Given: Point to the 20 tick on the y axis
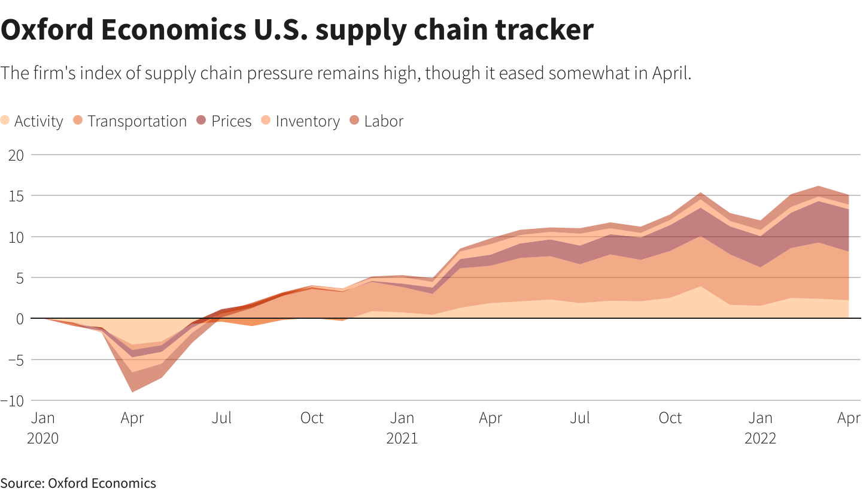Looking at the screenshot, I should (16, 155).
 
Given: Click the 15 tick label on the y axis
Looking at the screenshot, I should (16, 196).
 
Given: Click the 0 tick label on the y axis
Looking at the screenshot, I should (20, 319).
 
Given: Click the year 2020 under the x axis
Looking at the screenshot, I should (43, 438).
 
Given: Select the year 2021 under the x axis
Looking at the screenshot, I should (402, 438).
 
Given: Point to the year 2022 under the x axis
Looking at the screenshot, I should (761, 438).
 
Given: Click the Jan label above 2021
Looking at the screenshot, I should (402, 418).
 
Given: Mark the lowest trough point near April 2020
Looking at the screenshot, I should (132, 392).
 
